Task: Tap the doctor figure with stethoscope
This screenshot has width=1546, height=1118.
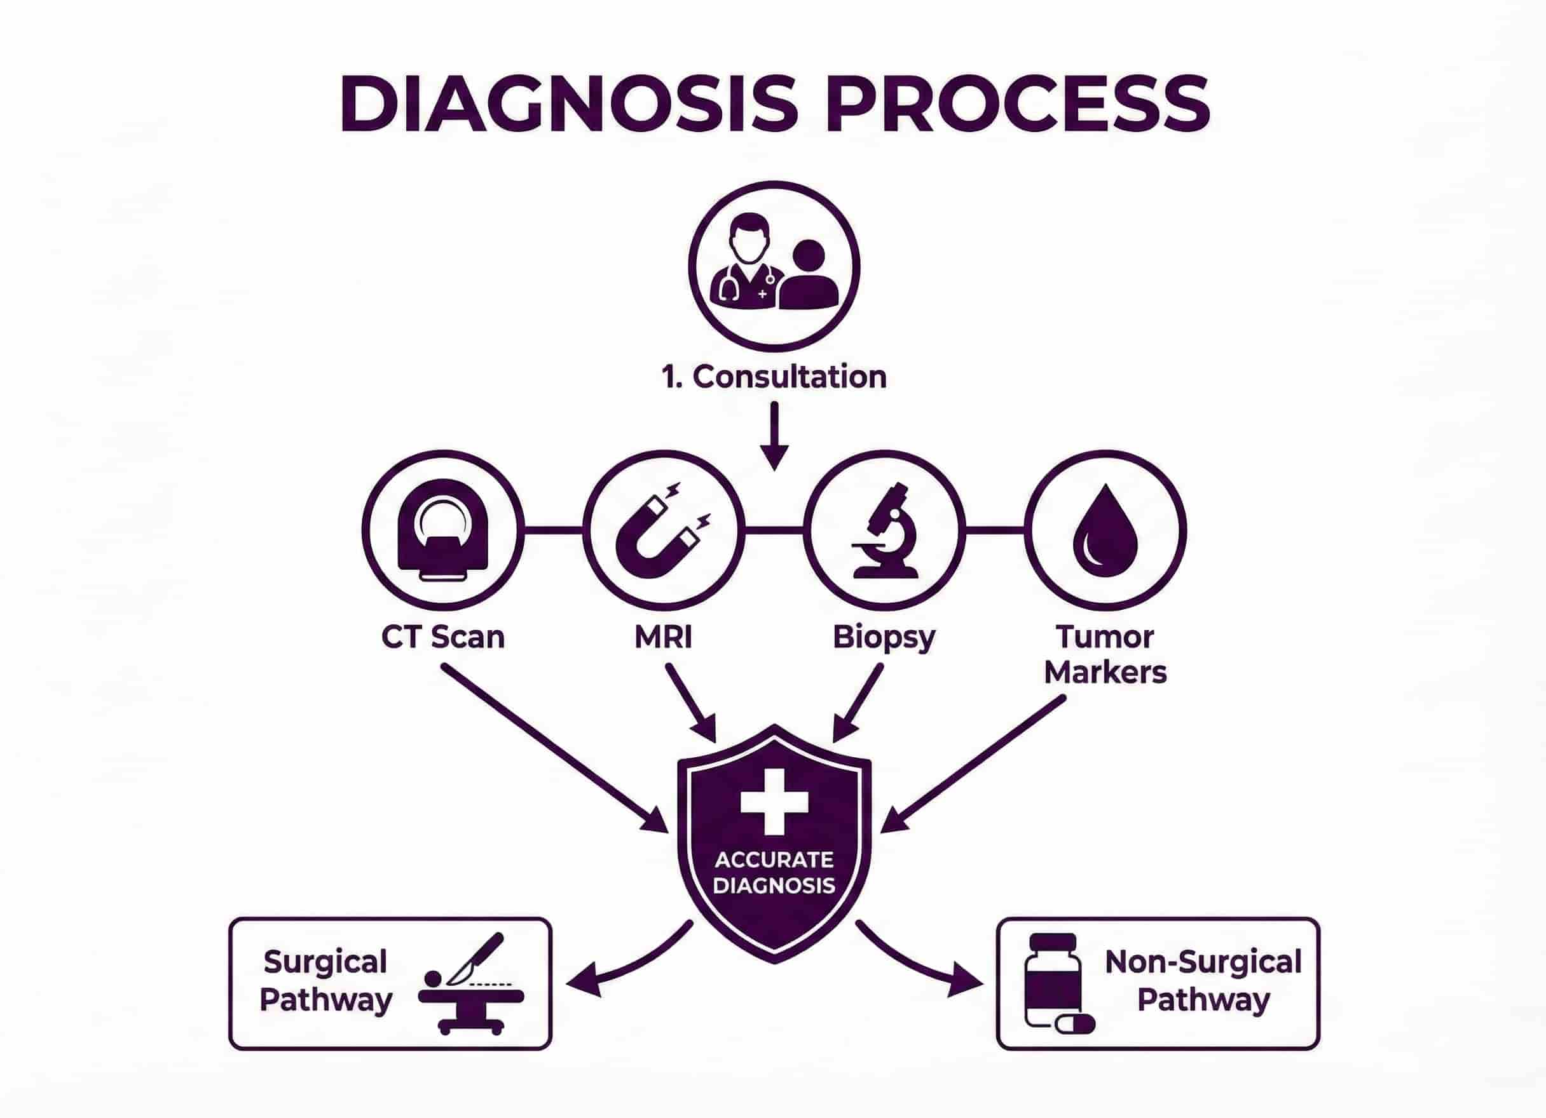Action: coord(744,262)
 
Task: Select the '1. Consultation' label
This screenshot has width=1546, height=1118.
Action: coord(774,377)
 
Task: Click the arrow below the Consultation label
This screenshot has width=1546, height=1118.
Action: coord(774,436)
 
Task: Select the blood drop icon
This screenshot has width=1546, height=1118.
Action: coord(1105,532)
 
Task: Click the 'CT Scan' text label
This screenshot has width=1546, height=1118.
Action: coord(443,637)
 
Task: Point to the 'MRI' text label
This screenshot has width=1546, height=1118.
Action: coord(663,637)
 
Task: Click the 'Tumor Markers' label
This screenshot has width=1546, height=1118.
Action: coord(1105,655)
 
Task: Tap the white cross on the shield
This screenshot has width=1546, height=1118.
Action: coord(774,801)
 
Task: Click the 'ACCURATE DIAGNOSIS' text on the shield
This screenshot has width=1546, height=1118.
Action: coord(774,873)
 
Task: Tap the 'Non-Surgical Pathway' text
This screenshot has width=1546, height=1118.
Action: coord(1203,981)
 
